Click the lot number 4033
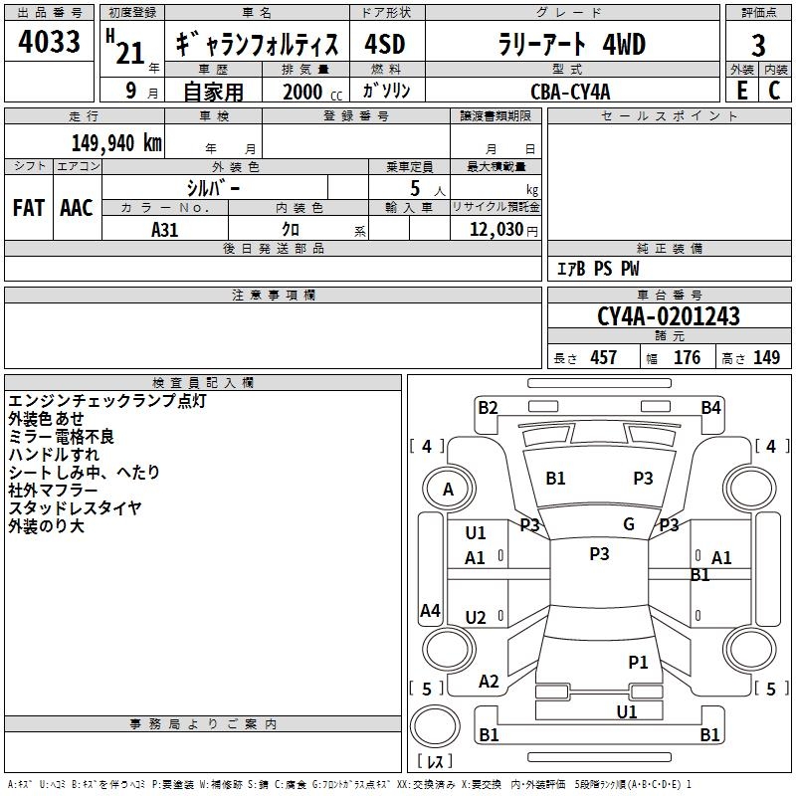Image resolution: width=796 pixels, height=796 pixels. [x=50, y=44]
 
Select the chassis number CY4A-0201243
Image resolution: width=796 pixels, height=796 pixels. [x=669, y=316]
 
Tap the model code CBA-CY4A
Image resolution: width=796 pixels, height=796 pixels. [x=570, y=91]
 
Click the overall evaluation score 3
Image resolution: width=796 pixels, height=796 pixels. [x=759, y=45]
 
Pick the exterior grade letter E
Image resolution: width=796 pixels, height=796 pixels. [x=741, y=91]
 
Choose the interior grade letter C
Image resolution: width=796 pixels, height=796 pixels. [x=775, y=91]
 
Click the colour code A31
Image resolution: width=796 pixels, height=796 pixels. [x=166, y=229]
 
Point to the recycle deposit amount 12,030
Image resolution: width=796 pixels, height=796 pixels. [x=494, y=229]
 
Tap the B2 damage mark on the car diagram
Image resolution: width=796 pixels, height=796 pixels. [x=488, y=407]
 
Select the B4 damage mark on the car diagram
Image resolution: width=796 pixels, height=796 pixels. [x=710, y=407]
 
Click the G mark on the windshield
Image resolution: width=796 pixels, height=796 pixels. [x=629, y=524]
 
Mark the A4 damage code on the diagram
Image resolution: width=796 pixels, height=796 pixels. [x=430, y=611]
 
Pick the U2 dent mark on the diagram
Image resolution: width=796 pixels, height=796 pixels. [x=476, y=618]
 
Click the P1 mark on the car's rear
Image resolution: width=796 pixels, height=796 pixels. [x=638, y=662]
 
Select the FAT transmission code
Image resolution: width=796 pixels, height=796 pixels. [x=29, y=208]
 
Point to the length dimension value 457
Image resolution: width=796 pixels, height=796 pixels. [x=604, y=358]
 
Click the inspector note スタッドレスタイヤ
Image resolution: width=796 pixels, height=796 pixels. [x=76, y=507]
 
